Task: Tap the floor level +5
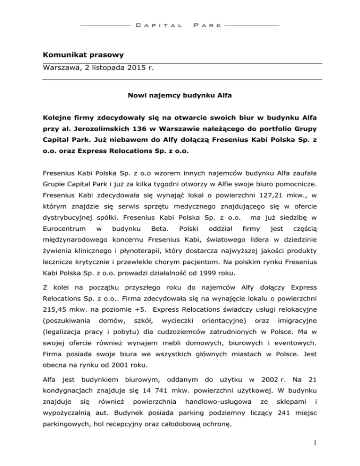[139, 310]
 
